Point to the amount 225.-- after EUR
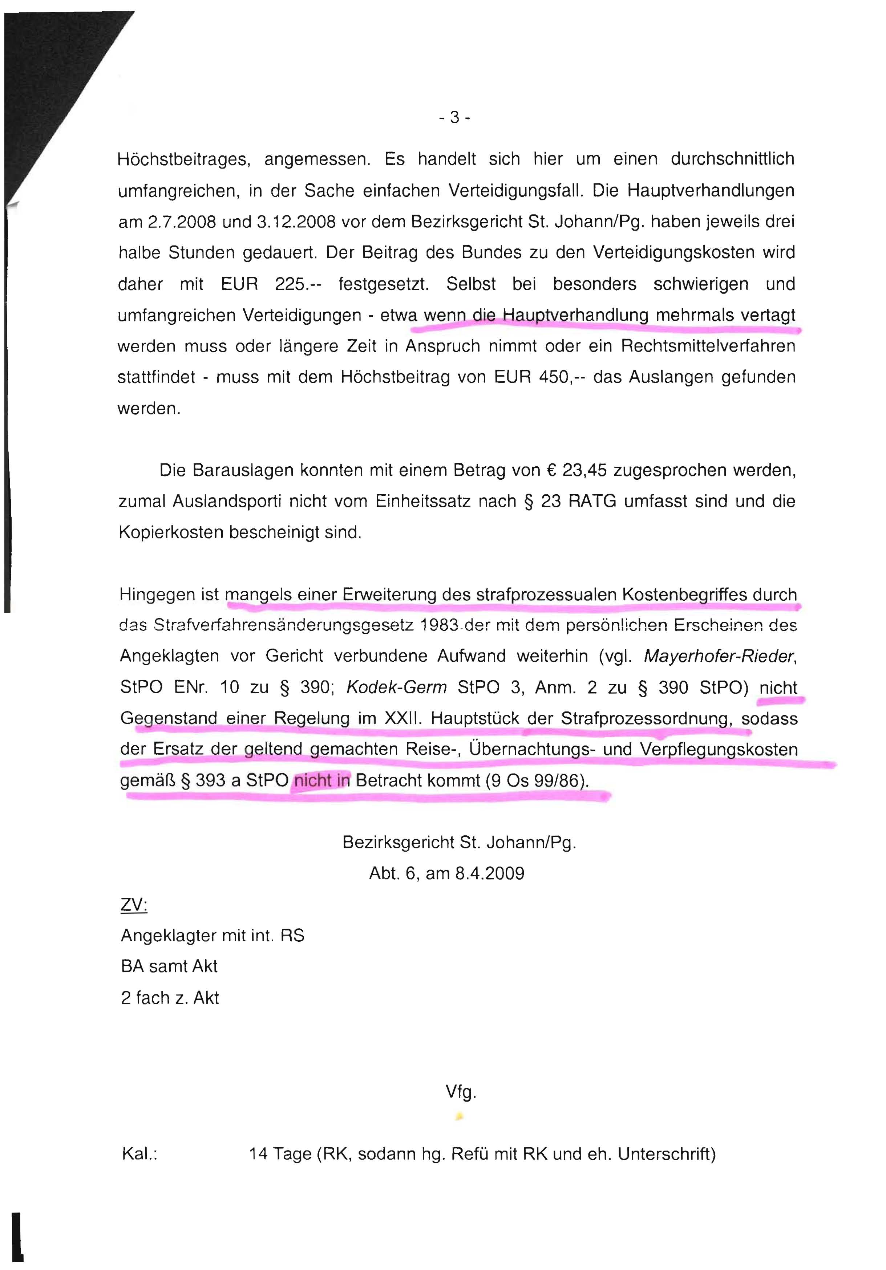pyautogui.click(x=298, y=284)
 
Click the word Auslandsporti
pyautogui.click(x=227, y=502)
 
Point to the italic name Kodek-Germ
pyautogui.click(x=396, y=687)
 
